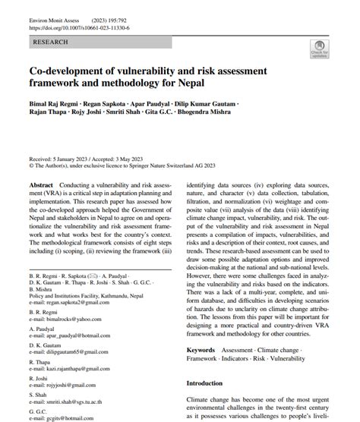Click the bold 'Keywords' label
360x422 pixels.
(201, 350)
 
